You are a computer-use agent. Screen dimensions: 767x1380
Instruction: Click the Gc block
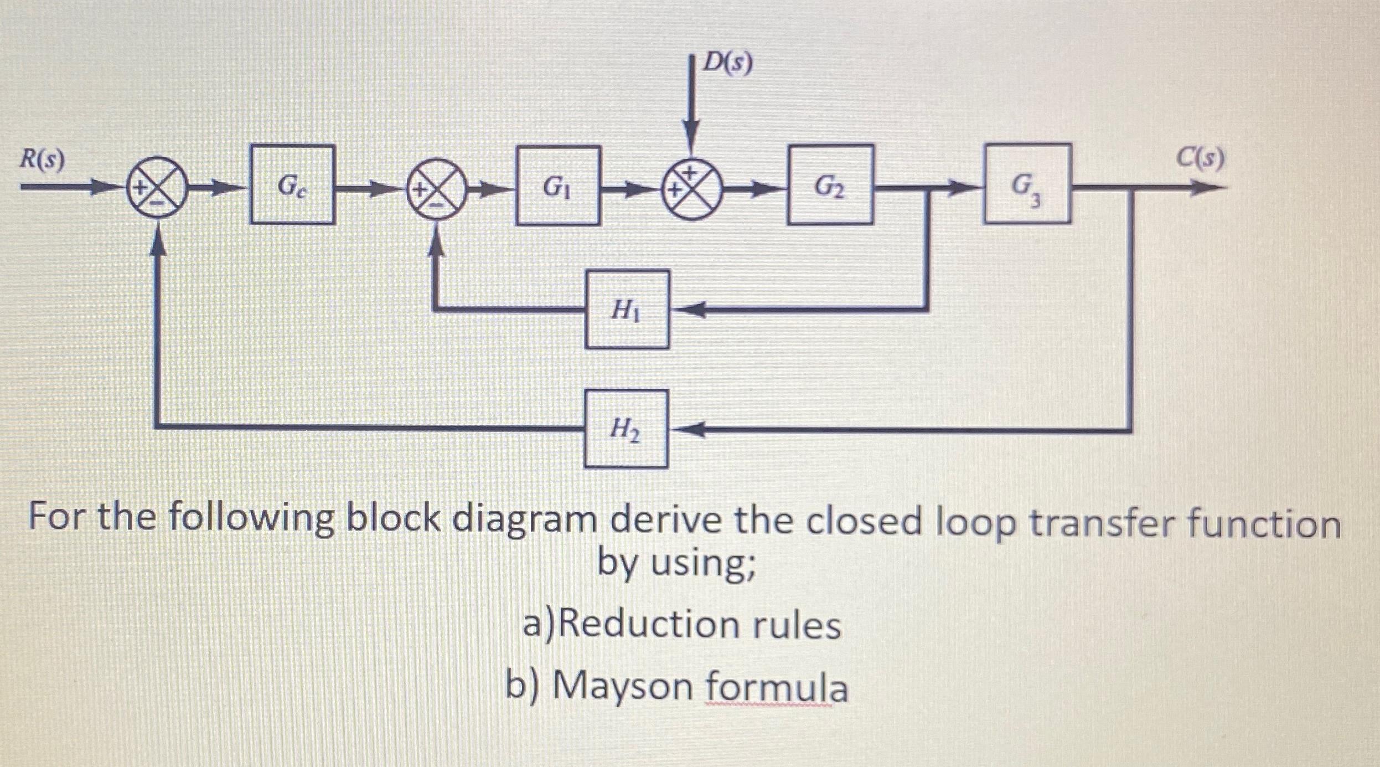(292, 185)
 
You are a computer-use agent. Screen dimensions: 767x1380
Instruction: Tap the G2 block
(830, 185)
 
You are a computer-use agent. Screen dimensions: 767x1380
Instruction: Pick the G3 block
(1026, 184)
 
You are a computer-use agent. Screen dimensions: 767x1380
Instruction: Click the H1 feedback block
(627, 309)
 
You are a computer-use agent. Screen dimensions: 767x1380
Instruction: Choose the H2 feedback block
(627, 429)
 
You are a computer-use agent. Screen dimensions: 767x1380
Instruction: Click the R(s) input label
(43, 159)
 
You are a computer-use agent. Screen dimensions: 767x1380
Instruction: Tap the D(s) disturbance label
(727, 64)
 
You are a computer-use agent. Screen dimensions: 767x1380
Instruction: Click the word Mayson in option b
(623, 687)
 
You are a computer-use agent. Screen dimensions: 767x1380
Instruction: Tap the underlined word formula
(776, 687)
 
